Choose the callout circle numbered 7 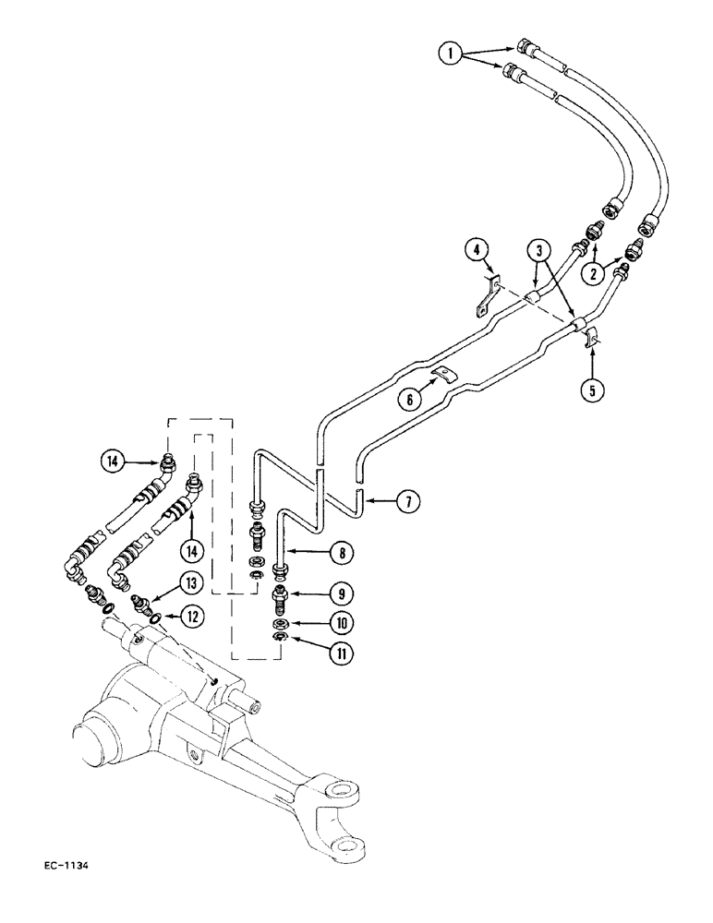407,502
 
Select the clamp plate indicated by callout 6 444,374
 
